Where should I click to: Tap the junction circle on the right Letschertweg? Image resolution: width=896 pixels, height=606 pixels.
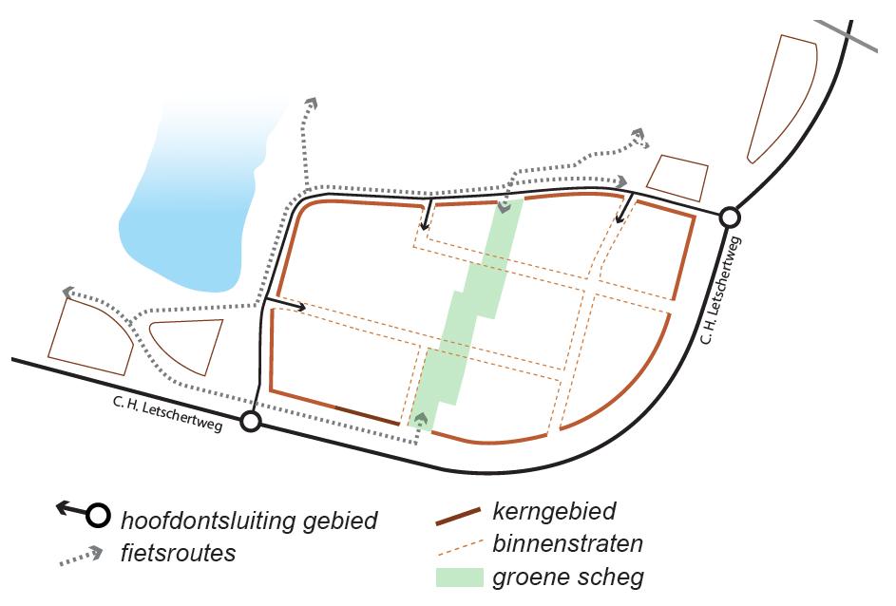pos(730,218)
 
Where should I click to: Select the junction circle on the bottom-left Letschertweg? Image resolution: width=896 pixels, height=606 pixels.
pos(250,422)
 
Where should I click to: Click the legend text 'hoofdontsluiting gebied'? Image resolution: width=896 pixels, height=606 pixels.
pos(249,521)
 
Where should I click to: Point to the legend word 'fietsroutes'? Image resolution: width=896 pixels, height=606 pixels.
pos(178,553)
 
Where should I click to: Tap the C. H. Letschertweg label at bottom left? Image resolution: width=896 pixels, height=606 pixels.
pos(166,415)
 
